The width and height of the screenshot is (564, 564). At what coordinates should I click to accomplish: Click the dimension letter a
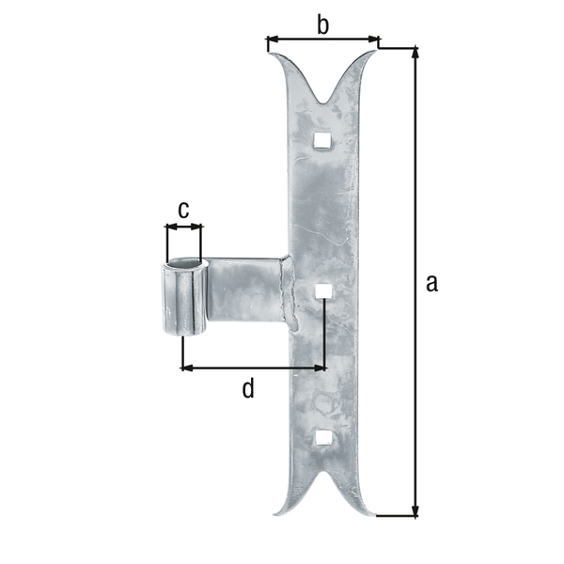pos(431,282)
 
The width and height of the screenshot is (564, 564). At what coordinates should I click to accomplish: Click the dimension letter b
pos(322,25)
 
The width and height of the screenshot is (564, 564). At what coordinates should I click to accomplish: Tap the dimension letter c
pos(184,209)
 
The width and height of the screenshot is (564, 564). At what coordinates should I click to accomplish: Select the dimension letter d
pos(248,388)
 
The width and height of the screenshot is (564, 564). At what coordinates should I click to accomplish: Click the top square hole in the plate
pos(322,141)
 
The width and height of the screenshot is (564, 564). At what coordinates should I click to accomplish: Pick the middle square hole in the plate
pos(322,290)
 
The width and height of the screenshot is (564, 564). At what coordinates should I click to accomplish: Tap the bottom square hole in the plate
pos(322,438)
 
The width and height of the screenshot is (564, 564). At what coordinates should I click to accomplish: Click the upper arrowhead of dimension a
pos(415,53)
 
